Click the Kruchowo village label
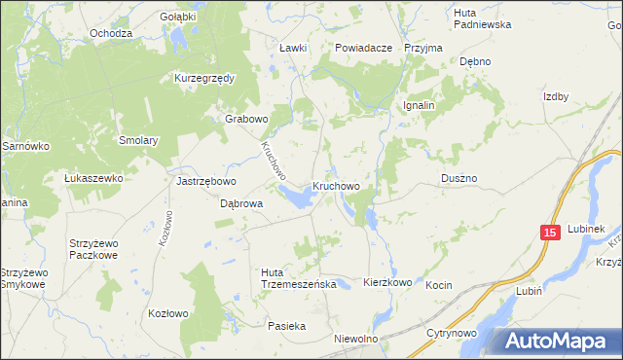pyautogui.click(x=337, y=186)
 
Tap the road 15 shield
pyautogui.click(x=550, y=233)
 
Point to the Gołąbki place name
pyautogui.click(x=178, y=17)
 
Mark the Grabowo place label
pyautogui.click(x=246, y=119)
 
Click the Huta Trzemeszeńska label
pyautogui.click(x=298, y=277)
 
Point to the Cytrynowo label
pyautogui.click(x=450, y=333)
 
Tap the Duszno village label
pyautogui.click(x=458, y=179)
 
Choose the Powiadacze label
pyautogui.click(x=363, y=47)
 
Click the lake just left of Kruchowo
pyautogui.click(x=298, y=198)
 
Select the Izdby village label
pyautogui.click(x=556, y=96)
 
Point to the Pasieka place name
pyautogui.click(x=287, y=326)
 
